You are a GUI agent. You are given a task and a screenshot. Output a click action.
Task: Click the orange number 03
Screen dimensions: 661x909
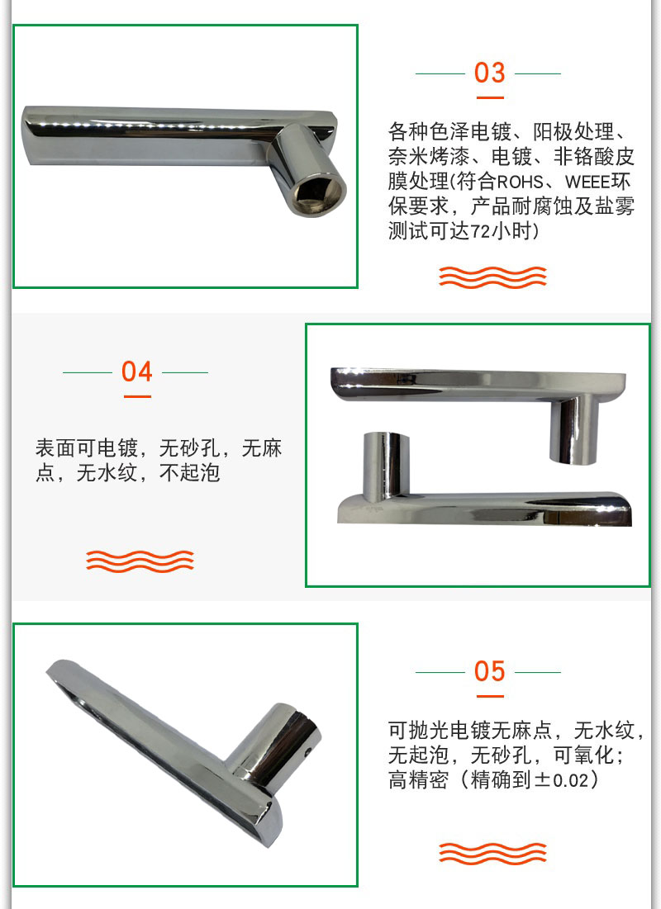click(x=489, y=73)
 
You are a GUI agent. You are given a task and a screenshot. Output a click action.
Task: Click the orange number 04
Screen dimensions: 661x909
click(x=137, y=372)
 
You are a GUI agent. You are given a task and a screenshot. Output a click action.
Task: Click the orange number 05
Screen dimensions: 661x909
click(x=489, y=671)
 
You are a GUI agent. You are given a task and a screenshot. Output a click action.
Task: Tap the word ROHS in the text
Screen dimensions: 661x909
click(x=520, y=182)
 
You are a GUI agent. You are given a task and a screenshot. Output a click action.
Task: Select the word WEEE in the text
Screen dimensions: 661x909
click(x=587, y=182)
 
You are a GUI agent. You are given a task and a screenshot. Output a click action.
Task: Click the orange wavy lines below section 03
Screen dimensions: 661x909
click(x=492, y=277)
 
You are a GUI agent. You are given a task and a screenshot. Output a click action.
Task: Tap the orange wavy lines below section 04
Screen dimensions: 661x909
click(x=140, y=561)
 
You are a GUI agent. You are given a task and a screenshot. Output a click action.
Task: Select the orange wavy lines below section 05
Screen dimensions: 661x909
click(x=492, y=854)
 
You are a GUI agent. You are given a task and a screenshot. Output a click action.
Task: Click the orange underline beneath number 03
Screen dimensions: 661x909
click(x=490, y=97)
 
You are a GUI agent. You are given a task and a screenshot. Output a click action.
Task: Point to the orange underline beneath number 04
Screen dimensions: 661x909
click(x=137, y=396)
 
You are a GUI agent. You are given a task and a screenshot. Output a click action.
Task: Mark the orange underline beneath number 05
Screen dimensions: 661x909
click(x=490, y=696)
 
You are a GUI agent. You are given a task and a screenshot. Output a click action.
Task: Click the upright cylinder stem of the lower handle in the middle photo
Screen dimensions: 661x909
click(x=385, y=466)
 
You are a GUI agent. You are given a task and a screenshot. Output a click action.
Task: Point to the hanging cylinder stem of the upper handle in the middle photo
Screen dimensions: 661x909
click(x=573, y=430)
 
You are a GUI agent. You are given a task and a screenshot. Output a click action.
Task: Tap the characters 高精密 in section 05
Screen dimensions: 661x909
click(x=418, y=779)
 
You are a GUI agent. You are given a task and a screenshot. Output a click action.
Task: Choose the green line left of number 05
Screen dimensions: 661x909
click(x=440, y=673)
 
